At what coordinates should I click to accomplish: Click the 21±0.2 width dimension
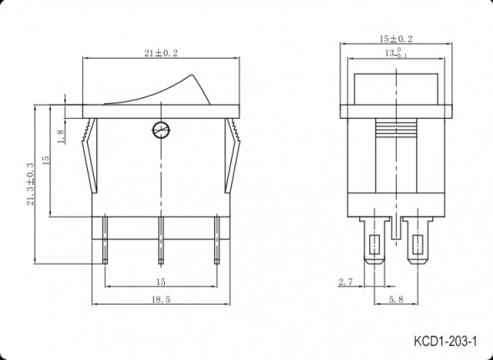(161, 53)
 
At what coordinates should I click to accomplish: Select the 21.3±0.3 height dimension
(30, 184)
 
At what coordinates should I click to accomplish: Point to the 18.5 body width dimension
(161, 300)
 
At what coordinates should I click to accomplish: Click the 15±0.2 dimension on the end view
(396, 39)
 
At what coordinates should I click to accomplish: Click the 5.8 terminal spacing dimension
(396, 299)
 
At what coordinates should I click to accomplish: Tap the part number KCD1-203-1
(445, 341)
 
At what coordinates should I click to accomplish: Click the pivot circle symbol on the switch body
(161, 130)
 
